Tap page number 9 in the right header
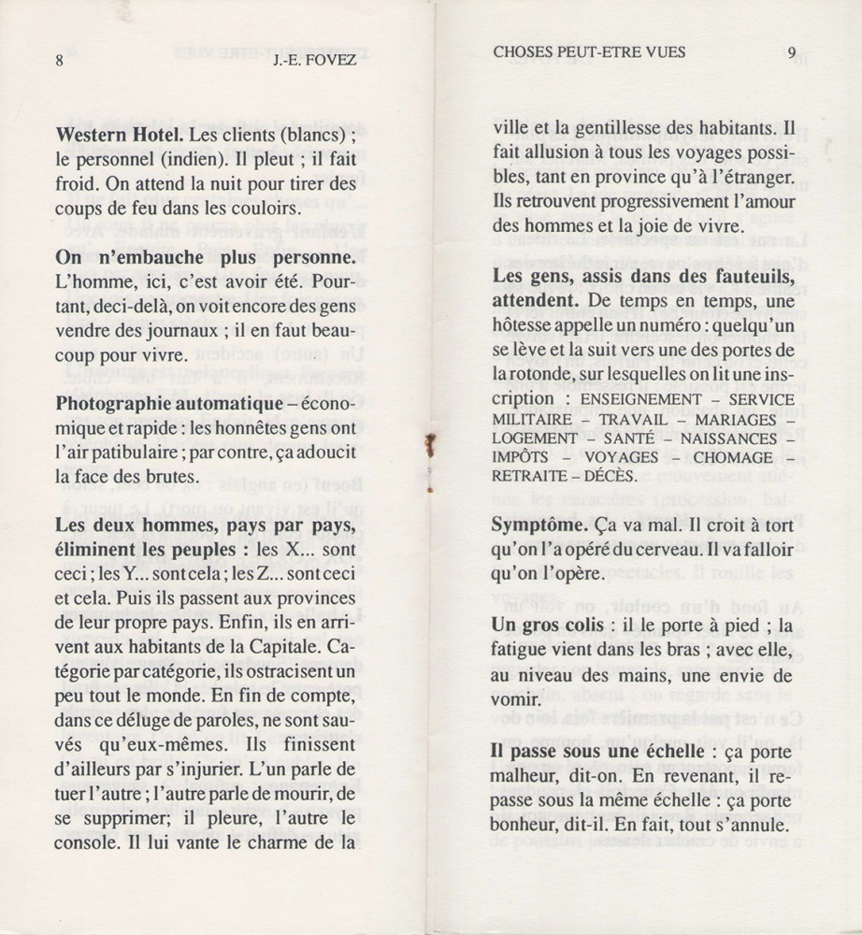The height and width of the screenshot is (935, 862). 791,53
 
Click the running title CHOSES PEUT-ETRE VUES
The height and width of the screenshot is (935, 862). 589,53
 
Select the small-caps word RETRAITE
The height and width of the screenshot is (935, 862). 530,477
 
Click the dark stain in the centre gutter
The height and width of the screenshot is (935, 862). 430,449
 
